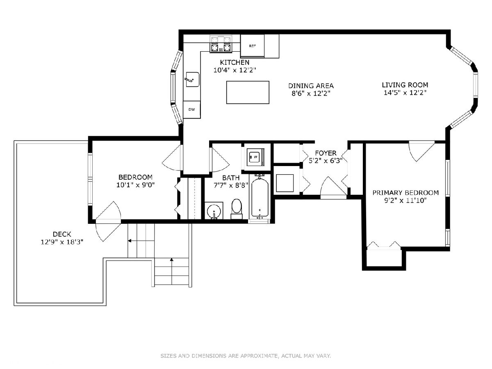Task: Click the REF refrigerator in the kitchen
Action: [x=252, y=46]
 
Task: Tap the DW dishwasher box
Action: [x=191, y=109]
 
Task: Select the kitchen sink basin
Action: [x=193, y=79]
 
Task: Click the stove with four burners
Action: [x=221, y=44]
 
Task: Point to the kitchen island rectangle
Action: [x=248, y=92]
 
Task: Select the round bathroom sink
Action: [x=214, y=211]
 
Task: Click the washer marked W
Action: [x=255, y=157]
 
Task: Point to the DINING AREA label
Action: [x=311, y=86]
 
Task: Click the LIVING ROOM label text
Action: [x=405, y=85]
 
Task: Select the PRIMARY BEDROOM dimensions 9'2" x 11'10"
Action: [x=405, y=200]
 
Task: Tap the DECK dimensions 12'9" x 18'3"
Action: [x=62, y=242]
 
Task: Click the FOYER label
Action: [x=326, y=153]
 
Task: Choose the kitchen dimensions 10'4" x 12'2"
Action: [x=235, y=70]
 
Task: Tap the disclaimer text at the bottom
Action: [x=246, y=355]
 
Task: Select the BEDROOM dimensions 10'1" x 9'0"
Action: [x=135, y=185]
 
